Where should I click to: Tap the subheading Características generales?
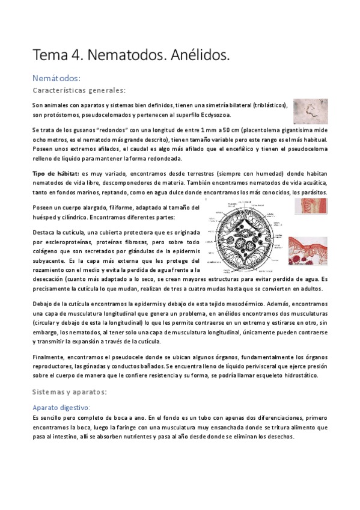[79, 90]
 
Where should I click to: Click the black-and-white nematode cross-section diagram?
[249, 235]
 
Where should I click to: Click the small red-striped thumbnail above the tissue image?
[310, 206]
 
